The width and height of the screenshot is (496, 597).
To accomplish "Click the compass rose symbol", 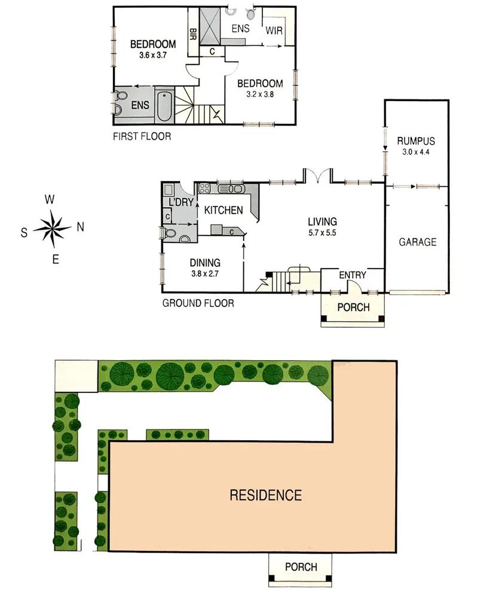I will pos(53,227).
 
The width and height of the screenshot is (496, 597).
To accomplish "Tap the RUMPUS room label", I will pos(415,142).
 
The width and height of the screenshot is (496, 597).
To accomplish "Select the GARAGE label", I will pos(417,242).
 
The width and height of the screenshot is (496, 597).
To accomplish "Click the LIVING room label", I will pos(323,221).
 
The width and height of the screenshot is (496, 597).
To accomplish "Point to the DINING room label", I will pos(206,262).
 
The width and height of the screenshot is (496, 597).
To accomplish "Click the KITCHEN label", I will pos(223,210).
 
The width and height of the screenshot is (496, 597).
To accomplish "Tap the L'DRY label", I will pos(181,202).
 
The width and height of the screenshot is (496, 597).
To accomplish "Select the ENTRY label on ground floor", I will pos(352,275).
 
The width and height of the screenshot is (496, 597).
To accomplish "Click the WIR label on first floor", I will pos(274,31).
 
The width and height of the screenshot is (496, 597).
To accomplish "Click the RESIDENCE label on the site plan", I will pos(266,495).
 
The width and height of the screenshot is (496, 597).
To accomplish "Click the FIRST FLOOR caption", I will pos(142,136).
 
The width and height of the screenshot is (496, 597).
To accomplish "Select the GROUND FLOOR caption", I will pos(198,303).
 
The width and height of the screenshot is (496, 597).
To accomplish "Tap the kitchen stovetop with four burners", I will pos(205,188).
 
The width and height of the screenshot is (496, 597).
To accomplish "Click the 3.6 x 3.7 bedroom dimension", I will pos(153,55).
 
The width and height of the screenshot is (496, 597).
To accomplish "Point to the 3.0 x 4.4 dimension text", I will pos(415,152).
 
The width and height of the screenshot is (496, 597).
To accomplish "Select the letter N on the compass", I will pos(81,227).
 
